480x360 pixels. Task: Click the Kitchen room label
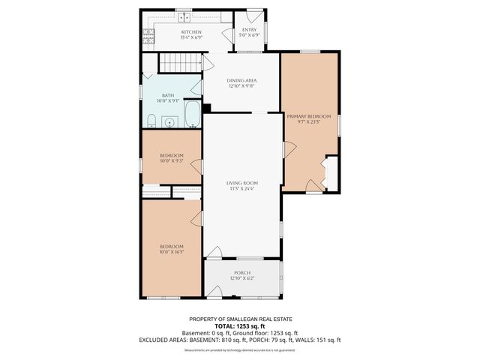pyautogui.click(x=191, y=32)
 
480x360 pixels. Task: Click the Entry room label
pyautogui.click(x=248, y=29)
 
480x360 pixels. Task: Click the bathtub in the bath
pyautogui.click(x=192, y=115)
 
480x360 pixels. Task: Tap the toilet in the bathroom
pyautogui.click(x=151, y=121)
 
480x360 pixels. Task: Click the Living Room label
pyautogui.click(x=242, y=183)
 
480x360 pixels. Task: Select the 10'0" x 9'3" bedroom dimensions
pyautogui.click(x=171, y=161)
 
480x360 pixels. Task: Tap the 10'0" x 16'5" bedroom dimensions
pyautogui.click(x=171, y=253)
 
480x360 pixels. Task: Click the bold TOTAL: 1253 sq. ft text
pyautogui.click(x=239, y=326)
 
